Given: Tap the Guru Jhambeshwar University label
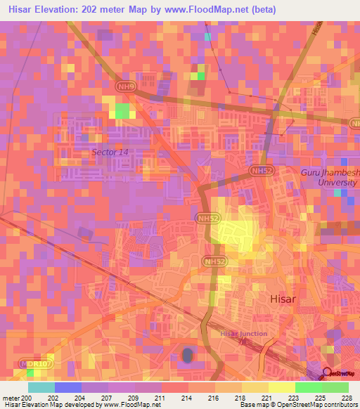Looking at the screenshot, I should [329, 177].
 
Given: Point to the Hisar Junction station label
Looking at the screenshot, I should [243, 334].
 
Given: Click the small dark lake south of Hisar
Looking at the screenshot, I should [187, 356].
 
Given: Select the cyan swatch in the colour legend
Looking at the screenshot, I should [41, 387].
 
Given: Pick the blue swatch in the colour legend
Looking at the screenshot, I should [68, 387].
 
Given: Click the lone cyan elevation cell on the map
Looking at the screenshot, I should [207, 36].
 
